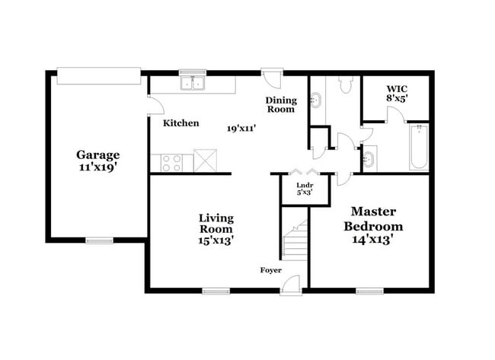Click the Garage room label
97,155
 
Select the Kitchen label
181,123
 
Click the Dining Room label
279,105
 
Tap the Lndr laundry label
303,183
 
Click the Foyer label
271,270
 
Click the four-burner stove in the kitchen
171,161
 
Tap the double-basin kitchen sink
193,83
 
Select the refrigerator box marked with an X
206,161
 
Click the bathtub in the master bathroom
418,146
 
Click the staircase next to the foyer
295,237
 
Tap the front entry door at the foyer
291,285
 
